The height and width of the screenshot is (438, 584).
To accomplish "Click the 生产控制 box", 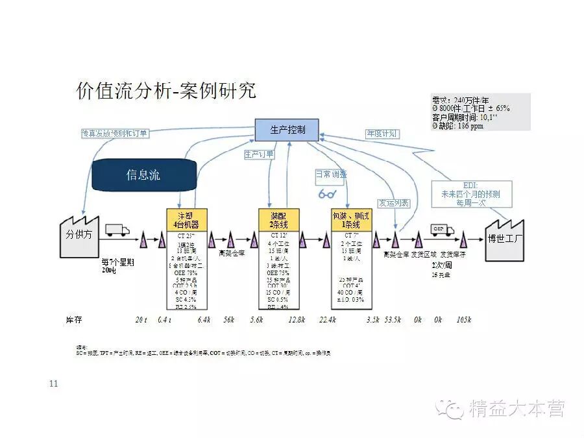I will pos(286,130).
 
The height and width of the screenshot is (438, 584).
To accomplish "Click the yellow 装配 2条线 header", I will pos(277,219).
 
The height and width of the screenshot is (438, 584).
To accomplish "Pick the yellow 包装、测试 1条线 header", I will pos(351,219).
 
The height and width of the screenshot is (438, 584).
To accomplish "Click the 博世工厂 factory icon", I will pos(505,237).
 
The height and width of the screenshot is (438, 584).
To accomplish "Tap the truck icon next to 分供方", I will pos(117,230).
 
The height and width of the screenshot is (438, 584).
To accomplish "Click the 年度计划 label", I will pos(382,134).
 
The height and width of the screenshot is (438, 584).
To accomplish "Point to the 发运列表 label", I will pos(394,203).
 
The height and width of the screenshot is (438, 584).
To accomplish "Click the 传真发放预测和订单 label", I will pos(115,134).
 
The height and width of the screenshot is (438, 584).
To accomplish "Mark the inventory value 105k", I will pos(463,320).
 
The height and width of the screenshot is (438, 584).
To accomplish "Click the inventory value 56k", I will pos(228,320).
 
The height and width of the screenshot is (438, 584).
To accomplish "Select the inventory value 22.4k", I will pos(327,320).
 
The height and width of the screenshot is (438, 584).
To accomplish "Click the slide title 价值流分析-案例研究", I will pos(166,91).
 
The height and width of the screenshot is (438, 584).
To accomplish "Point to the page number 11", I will pos(53,384).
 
